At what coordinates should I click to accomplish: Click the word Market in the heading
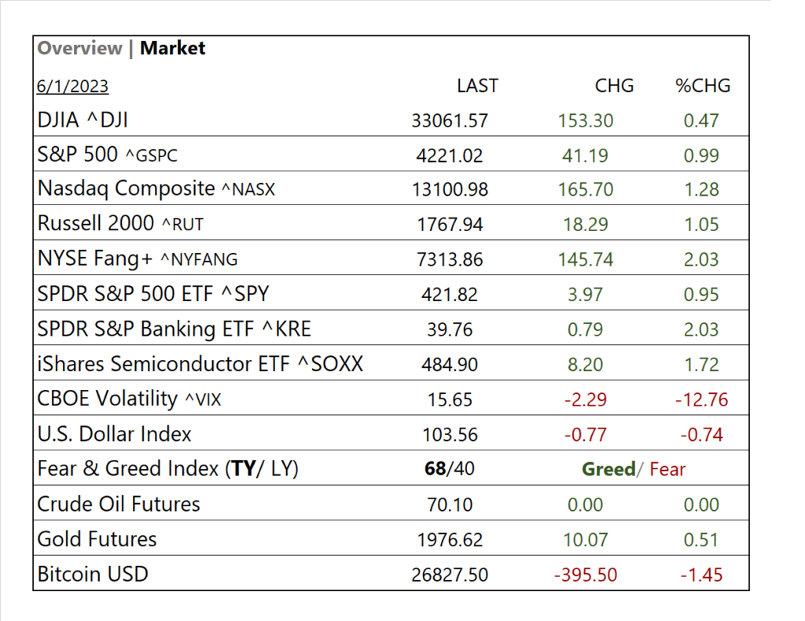tap(173, 49)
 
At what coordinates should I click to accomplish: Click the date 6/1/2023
tap(72, 86)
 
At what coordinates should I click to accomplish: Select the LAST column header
tap(477, 86)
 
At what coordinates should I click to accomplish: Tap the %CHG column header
tap(703, 86)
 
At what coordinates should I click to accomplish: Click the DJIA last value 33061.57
tap(450, 121)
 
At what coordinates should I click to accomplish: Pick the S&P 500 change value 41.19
tap(585, 156)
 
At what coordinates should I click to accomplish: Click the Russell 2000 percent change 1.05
tap(701, 225)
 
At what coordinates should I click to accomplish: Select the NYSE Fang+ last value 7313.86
tap(450, 259)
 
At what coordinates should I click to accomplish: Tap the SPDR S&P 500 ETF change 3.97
tap(585, 295)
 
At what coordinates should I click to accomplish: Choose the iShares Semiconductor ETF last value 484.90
tap(450, 365)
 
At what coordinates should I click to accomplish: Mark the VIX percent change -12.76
tap(701, 399)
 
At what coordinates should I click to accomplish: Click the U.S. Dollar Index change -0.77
tap(585, 435)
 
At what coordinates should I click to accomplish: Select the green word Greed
tap(608, 469)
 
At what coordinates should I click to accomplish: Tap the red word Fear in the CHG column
tap(667, 469)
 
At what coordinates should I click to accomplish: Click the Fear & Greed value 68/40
tap(450, 469)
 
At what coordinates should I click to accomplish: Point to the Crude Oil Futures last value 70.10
tap(450, 505)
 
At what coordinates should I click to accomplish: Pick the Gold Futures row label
tap(97, 539)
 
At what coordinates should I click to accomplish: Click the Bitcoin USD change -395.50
tap(585, 575)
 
